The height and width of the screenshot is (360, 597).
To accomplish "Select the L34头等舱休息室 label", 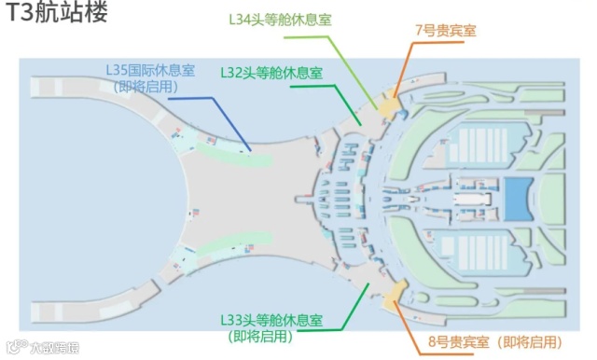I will click(279, 19).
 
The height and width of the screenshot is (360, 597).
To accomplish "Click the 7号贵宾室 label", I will click(445, 30).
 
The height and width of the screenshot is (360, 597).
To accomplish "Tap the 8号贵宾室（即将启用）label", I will click(494, 342).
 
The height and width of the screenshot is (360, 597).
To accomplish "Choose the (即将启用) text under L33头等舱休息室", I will click(271, 337).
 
